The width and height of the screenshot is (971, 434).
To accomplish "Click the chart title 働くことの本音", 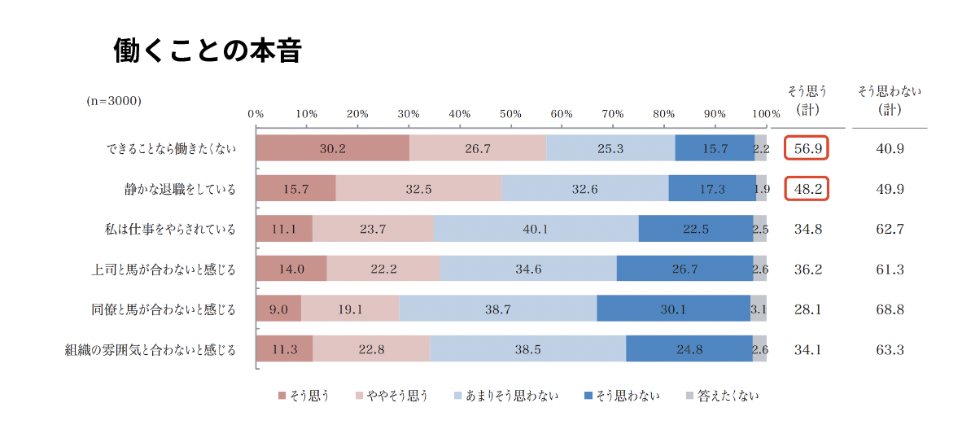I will [208, 51].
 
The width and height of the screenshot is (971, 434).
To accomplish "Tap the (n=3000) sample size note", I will [114, 101].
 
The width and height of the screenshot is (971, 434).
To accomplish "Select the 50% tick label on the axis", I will [510, 113].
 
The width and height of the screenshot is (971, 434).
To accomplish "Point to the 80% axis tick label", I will [664, 113].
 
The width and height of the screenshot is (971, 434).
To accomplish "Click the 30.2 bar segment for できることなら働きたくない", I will [332, 148].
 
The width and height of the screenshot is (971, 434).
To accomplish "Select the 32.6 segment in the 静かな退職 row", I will [584, 189].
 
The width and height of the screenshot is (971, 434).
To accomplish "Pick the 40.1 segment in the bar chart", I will [536, 229].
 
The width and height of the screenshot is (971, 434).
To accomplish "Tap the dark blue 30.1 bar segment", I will [673, 309].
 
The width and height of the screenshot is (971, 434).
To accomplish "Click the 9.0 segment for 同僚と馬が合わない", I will [278, 309].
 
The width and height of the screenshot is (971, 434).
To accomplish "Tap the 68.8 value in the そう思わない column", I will [890, 309].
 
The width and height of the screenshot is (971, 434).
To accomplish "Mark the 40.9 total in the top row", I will [890, 148].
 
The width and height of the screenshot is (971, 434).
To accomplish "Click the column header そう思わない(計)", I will [890, 100].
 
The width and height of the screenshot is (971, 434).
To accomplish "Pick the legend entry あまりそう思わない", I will [505, 396].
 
